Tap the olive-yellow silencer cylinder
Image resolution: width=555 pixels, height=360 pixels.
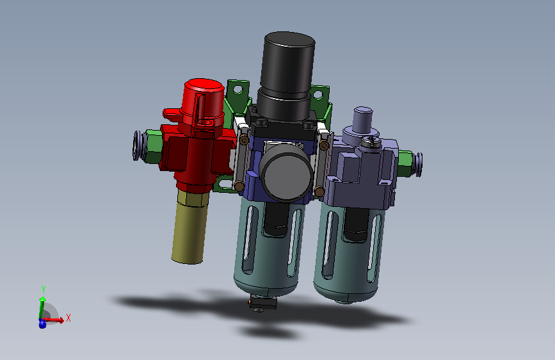(190, 227)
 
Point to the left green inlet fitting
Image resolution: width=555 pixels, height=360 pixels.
(153, 147)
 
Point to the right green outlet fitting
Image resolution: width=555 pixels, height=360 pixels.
(405, 163)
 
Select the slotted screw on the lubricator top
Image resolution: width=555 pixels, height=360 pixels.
(371, 142)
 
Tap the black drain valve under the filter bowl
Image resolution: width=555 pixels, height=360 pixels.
(262, 303)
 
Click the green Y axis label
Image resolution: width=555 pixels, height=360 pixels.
(44, 289)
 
